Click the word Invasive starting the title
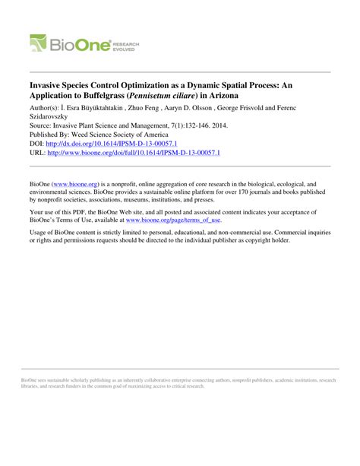[49, 87]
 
